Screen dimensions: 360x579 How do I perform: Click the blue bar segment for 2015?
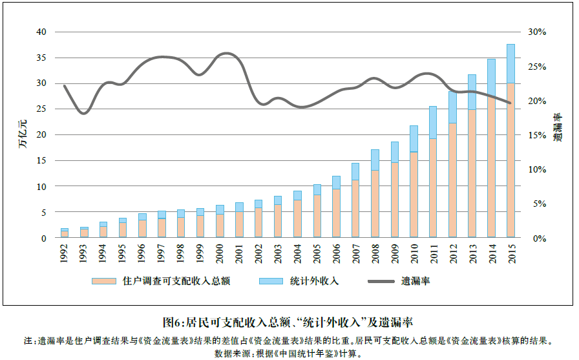511,64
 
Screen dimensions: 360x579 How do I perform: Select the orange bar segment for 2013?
472,173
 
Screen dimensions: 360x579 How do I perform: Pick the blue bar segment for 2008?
375,160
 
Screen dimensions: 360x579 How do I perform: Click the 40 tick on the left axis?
41,32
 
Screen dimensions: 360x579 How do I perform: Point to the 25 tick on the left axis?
41,109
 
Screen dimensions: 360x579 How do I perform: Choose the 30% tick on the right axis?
537,32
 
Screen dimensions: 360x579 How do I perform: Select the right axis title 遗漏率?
557,127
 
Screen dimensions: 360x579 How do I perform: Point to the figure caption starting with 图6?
288,321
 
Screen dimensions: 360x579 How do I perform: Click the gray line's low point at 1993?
83,113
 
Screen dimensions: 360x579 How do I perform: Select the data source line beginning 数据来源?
288,354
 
